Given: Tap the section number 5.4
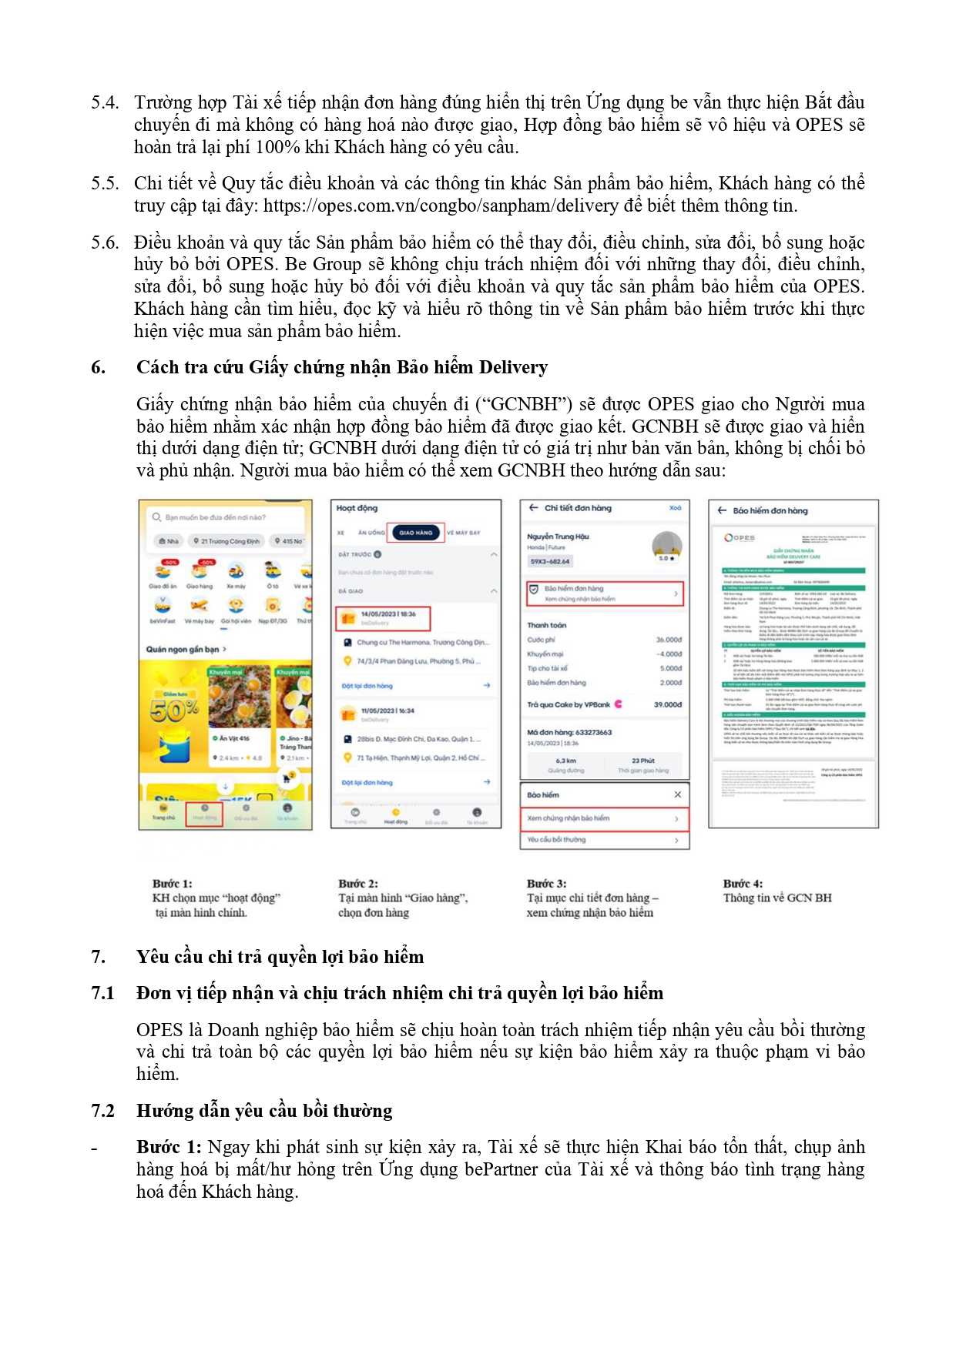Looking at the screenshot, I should click(x=105, y=102).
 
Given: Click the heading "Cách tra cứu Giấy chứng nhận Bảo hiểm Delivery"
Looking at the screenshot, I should click(x=342, y=367).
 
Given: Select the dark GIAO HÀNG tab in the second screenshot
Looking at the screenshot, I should click(x=417, y=533).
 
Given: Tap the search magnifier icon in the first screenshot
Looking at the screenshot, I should click(x=156, y=517).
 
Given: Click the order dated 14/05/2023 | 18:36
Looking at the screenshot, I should click(x=383, y=617).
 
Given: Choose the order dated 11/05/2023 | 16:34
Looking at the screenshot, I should click(x=387, y=711).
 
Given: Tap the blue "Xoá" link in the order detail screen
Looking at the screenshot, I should click(x=675, y=508).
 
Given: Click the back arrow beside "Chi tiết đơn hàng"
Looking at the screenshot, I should click(x=533, y=508).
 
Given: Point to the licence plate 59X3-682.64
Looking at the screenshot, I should click(x=550, y=561).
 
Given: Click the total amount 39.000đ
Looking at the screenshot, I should click(x=667, y=704).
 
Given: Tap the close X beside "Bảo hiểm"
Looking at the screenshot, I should click(x=677, y=794).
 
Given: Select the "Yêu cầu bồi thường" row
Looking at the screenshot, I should click(x=604, y=840).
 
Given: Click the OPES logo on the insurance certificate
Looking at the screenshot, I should click(x=740, y=537).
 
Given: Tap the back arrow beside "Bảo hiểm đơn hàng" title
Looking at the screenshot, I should click(x=722, y=510).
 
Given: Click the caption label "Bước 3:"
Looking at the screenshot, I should click(x=546, y=883).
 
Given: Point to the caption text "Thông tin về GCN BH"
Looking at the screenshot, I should click(x=777, y=898).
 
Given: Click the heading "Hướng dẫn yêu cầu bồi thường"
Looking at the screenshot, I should click(x=264, y=1111).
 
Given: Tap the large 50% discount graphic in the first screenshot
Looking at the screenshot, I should click(x=175, y=709).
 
